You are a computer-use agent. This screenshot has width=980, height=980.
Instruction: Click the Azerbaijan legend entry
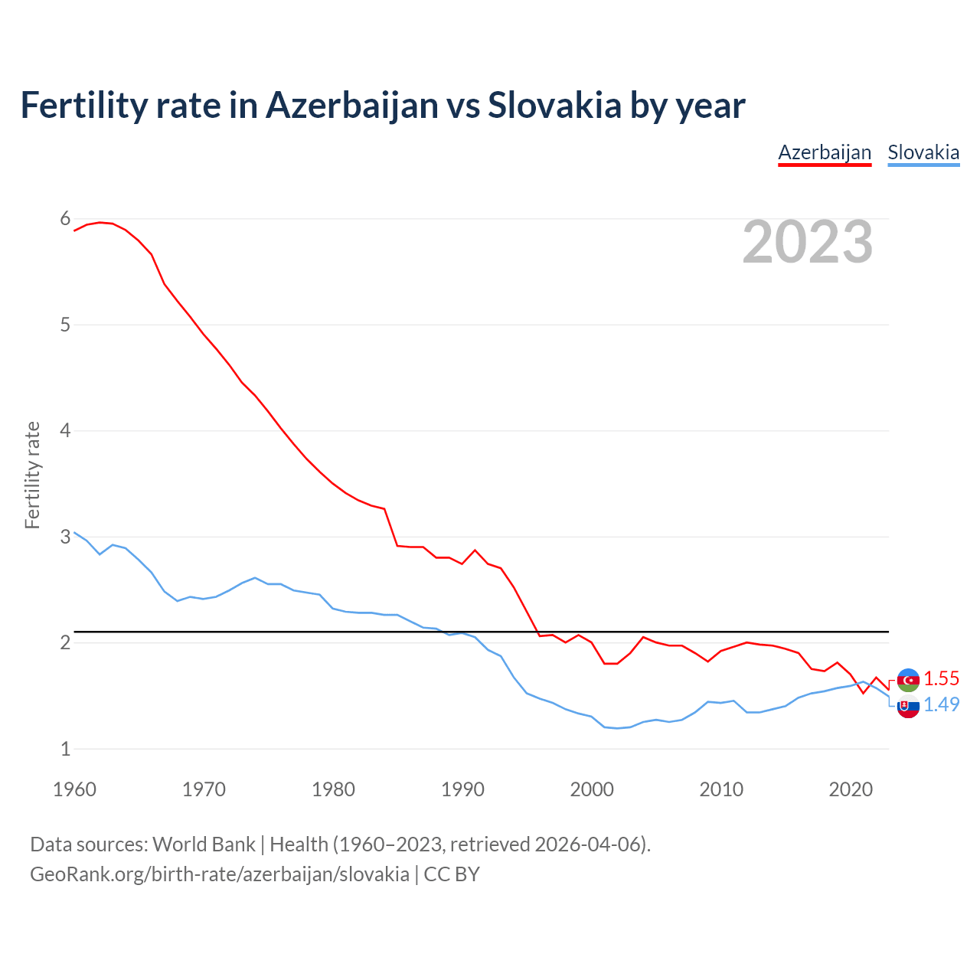click(x=825, y=152)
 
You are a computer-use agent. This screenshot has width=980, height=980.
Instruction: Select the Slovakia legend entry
click(x=923, y=152)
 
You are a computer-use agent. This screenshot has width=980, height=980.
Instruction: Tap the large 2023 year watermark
click(x=808, y=242)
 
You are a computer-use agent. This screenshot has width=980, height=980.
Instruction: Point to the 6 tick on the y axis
click(x=65, y=219)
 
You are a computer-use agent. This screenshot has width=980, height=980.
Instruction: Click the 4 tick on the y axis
click(x=65, y=430)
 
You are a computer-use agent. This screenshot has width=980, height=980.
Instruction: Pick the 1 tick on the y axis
click(x=65, y=749)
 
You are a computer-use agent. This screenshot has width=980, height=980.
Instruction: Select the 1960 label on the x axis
click(x=74, y=789)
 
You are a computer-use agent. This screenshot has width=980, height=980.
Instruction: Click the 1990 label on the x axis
click(x=462, y=789)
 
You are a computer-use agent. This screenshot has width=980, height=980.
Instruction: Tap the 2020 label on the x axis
click(x=851, y=789)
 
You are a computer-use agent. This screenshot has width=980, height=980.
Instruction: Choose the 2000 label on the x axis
click(x=592, y=789)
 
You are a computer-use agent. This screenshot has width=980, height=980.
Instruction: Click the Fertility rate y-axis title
click(x=32, y=475)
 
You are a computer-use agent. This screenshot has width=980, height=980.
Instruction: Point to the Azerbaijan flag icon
click(x=908, y=680)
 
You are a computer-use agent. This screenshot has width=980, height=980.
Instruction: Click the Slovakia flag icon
click(x=908, y=707)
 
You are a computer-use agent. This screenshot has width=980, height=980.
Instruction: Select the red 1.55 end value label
click(x=941, y=679)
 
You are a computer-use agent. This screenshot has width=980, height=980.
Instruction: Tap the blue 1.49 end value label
click(x=941, y=705)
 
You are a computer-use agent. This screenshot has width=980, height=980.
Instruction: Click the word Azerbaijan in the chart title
click(x=352, y=106)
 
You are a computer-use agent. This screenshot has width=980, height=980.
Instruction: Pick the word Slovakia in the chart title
click(x=554, y=106)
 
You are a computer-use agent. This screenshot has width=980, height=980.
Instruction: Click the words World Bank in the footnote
click(x=204, y=844)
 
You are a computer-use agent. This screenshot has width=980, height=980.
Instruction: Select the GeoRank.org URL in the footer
click(x=219, y=874)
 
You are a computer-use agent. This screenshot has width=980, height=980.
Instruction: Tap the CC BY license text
click(x=452, y=874)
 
